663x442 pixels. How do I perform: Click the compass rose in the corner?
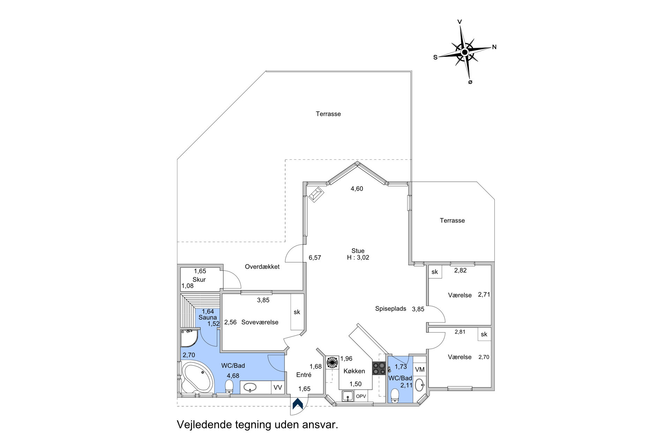pyautogui.click(x=465, y=52)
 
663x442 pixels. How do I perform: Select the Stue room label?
pyautogui.click(x=358, y=251)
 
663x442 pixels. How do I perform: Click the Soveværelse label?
pyautogui.click(x=260, y=322)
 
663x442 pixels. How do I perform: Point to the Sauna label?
pyautogui.click(x=208, y=317)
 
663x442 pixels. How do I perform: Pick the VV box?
pyautogui.click(x=278, y=388)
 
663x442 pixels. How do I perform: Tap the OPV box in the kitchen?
pyautogui.click(x=361, y=396)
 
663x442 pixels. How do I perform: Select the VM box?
pyautogui.click(x=420, y=369)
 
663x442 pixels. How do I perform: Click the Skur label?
pyautogui.click(x=199, y=279)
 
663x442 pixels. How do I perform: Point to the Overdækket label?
pyautogui.click(x=262, y=267)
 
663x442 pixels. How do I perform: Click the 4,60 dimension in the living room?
pyautogui.click(x=357, y=189)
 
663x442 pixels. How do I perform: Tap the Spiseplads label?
pyautogui.click(x=391, y=309)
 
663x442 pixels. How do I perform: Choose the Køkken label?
pyautogui.click(x=354, y=371)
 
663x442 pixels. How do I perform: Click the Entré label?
pyautogui.click(x=304, y=375)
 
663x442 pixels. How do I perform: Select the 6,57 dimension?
pyautogui.click(x=315, y=258)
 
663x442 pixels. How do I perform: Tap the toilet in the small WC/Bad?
pyautogui.click(x=395, y=396)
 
